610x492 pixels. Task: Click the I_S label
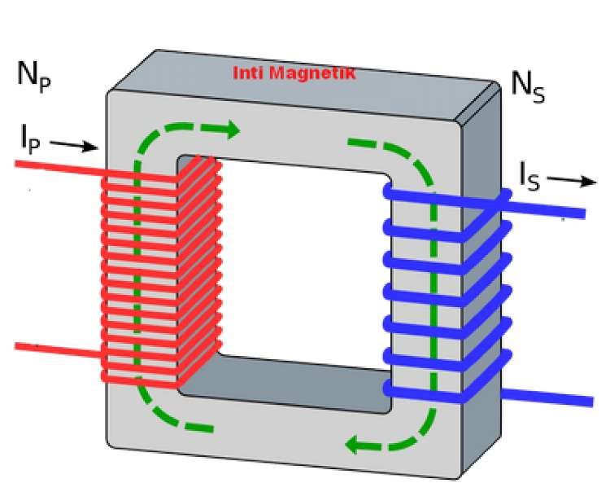coord(530,174)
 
